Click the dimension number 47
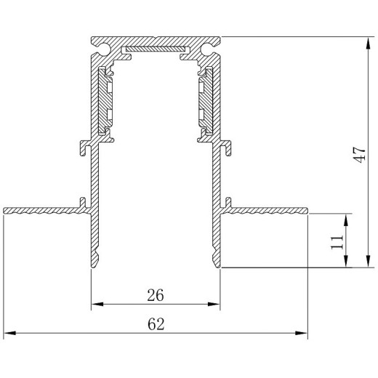point(359,155)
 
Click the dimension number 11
point(337,241)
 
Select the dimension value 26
point(156,295)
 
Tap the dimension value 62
point(156,324)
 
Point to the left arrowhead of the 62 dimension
point(10,333)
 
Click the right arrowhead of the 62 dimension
point(301,333)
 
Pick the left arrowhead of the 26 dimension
point(97,304)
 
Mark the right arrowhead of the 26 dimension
point(214,304)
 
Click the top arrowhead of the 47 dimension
point(368,44)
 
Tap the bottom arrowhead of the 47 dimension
point(368,261)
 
